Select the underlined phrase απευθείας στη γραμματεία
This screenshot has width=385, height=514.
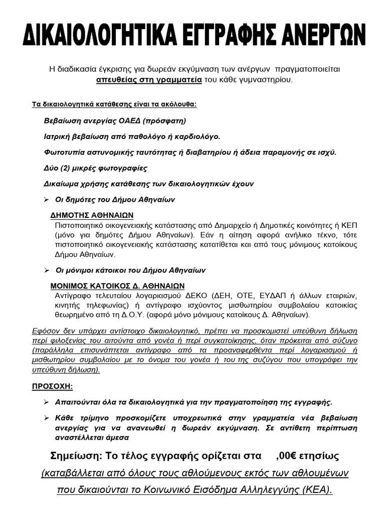point(149,80)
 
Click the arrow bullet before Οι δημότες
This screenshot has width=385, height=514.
point(46,200)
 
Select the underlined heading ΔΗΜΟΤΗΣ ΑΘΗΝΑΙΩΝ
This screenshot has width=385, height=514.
point(92,215)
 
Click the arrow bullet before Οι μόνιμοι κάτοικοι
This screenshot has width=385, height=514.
point(46,270)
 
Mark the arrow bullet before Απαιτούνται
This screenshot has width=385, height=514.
point(46,403)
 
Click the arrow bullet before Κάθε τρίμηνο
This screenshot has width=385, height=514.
point(46,418)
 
